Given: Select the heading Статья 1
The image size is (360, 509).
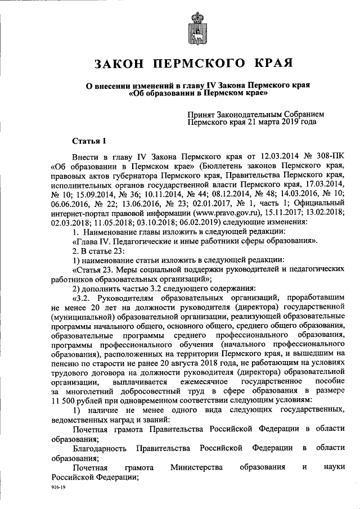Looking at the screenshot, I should (88, 140).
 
